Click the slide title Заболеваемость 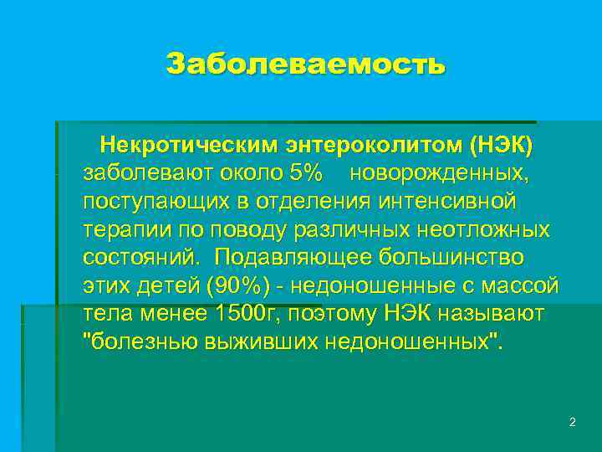[x=306, y=64]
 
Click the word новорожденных [x=439, y=174]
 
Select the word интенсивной [x=448, y=202]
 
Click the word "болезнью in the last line [x=140, y=342]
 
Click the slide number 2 [x=572, y=423]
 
